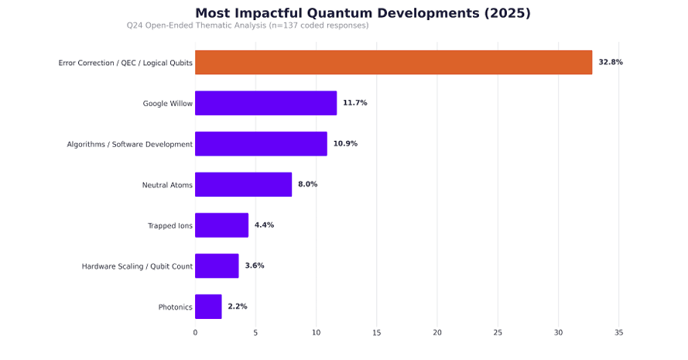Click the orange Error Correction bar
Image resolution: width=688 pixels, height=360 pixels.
(x=394, y=63)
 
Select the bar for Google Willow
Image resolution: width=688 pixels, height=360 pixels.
(x=266, y=103)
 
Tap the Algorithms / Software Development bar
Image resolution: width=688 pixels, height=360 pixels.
(x=261, y=143)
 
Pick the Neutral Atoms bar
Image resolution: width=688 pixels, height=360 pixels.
(x=244, y=184)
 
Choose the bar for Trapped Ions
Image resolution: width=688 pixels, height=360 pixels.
(x=221, y=225)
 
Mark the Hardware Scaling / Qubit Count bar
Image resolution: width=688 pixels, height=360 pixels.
(x=217, y=266)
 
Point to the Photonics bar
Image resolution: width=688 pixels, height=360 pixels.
(x=208, y=307)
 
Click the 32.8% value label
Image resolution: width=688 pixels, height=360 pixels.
(x=611, y=63)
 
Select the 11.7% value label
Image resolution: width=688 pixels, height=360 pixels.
(x=355, y=103)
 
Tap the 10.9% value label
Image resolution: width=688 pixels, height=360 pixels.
(x=345, y=143)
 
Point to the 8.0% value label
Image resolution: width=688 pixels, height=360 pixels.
(x=307, y=184)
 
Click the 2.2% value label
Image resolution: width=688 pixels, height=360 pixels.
(x=238, y=307)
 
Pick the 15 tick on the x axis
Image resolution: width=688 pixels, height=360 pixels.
(x=376, y=333)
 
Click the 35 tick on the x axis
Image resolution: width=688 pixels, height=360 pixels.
(x=618, y=333)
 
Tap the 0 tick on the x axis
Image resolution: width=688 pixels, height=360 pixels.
(x=195, y=333)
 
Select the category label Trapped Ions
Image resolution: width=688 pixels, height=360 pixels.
(x=170, y=225)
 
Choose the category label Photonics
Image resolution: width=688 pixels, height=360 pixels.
(x=176, y=307)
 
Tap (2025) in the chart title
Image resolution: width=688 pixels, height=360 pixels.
(x=508, y=13)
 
